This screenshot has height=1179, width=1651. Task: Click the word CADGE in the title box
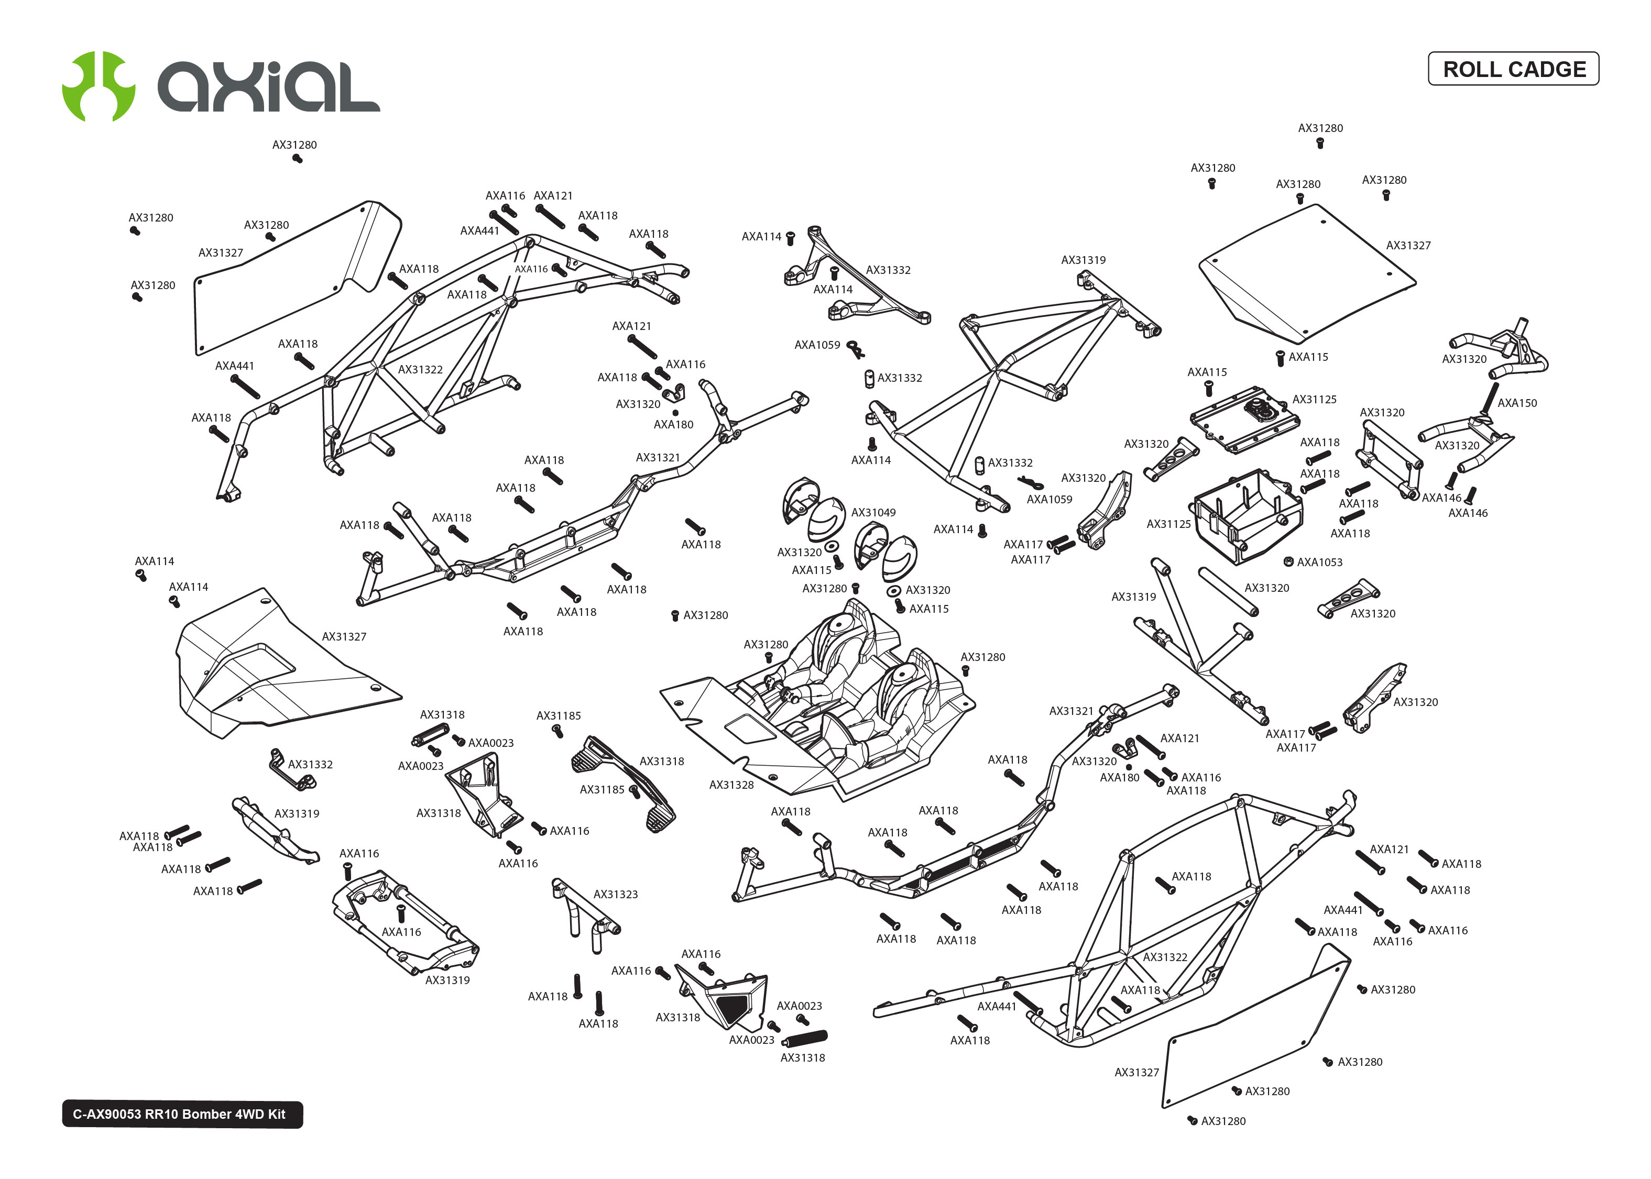pyautogui.click(x=1550, y=69)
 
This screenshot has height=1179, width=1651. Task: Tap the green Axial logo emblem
pyautogui.click(x=98, y=86)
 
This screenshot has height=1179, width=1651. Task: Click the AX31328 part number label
pyautogui.click(x=731, y=785)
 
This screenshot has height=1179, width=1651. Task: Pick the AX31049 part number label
pyautogui.click(x=873, y=513)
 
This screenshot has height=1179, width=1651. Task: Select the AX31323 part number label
pyautogui.click(x=616, y=895)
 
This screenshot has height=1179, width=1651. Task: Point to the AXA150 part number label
pyautogui.click(x=1517, y=403)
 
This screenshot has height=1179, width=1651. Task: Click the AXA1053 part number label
pyautogui.click(x=1319, y=562)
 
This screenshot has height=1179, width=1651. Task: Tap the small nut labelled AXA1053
pyautogui.click(x=1289, y=561)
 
